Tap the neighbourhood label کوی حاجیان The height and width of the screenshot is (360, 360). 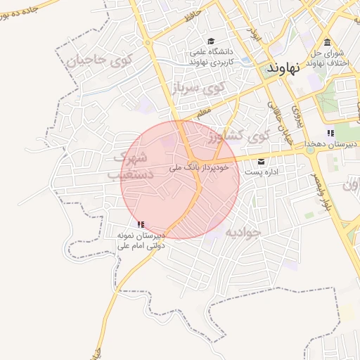point(100,60)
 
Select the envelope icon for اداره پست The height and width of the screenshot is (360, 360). point(262,161)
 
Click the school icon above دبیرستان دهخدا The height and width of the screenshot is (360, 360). point(330,133)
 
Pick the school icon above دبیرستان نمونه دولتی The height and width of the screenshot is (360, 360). point(141,224)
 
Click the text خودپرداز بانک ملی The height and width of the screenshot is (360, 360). point(200,169)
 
